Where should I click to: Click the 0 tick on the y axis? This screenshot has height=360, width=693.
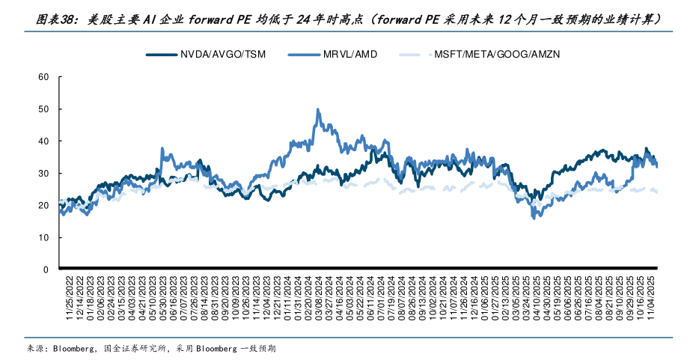46,269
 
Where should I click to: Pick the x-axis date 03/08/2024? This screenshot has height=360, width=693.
318,298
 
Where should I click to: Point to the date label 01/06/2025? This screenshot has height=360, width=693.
485,298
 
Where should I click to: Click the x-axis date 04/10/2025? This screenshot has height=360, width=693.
537,298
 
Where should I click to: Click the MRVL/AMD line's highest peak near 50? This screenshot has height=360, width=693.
318,109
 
